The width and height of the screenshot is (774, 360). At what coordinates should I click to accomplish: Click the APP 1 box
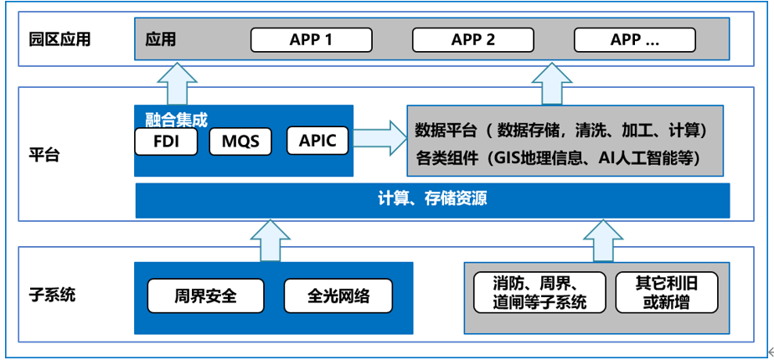coord(311,39)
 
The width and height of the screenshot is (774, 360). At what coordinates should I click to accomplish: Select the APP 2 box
coord(473,39)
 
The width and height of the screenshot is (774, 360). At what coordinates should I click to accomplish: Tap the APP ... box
coord(634,39)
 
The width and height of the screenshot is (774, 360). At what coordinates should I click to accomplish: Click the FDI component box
coord(166,141)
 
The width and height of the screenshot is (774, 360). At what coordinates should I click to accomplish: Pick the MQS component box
coord(241,141)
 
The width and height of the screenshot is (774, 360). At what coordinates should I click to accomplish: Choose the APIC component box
coord(317,141)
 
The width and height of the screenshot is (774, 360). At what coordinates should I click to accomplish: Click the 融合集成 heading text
coord(176,119)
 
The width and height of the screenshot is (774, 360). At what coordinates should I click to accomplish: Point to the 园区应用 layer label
coord(59,39)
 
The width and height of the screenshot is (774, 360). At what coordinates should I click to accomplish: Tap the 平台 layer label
coord(44,155)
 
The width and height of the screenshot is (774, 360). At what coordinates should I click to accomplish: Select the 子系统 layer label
coord(52,296)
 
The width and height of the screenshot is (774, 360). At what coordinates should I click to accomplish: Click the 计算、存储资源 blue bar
coord(432,200)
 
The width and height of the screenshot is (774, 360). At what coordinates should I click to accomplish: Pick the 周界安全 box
coord(206,296)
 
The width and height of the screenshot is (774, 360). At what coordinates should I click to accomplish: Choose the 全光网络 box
coord(338,296)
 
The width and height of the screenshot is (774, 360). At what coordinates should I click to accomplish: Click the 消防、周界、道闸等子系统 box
coord(539,292)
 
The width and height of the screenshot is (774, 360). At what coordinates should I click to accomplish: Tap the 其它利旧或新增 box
coord(666,292)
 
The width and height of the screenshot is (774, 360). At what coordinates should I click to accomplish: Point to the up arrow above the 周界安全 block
coord(271,240)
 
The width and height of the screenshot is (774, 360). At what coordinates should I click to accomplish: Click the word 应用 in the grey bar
coord(161,39)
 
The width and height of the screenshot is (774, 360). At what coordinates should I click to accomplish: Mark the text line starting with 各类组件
coord(558,157)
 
